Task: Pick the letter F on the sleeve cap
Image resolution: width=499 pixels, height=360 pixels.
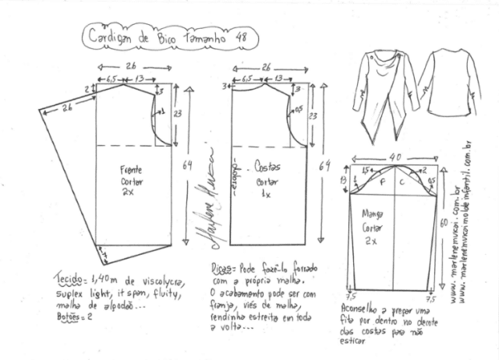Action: pyautogui.click(x=381, y=182)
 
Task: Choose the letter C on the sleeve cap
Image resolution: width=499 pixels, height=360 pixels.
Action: pyautogui.click(x=402, y=182)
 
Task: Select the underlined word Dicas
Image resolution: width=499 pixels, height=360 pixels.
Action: pyautogui.click(x=222, y=267)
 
